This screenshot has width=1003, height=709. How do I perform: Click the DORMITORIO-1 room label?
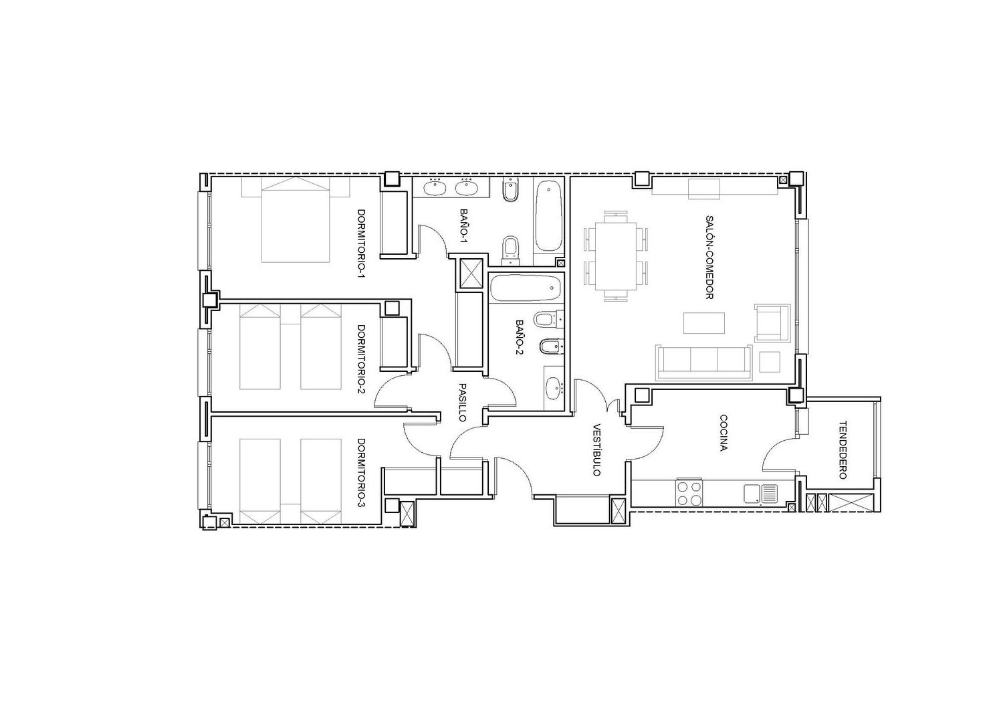point(361,243)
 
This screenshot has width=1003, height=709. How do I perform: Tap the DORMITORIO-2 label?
point(361,359)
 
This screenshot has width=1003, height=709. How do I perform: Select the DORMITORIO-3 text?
point(361,473)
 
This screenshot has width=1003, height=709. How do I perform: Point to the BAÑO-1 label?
point(464,226)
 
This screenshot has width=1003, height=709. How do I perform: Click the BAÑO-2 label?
point(520,337)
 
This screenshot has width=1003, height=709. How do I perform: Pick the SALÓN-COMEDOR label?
point(709,257)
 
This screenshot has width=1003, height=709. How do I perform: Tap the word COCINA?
point(723,433)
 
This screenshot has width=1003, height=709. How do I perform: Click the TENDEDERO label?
point(843,450)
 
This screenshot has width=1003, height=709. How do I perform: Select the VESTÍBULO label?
point(597,450)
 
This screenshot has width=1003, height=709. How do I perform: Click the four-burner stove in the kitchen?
point(689,493)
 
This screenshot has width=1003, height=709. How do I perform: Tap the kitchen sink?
point(761,494)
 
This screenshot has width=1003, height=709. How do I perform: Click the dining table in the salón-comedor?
point(616,256)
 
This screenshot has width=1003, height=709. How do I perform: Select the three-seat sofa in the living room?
point(703,363)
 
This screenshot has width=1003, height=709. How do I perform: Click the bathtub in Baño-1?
point(548,216)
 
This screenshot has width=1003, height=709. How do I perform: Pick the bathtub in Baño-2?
point(525,288)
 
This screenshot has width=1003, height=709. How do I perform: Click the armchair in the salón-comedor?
point(772,323)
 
